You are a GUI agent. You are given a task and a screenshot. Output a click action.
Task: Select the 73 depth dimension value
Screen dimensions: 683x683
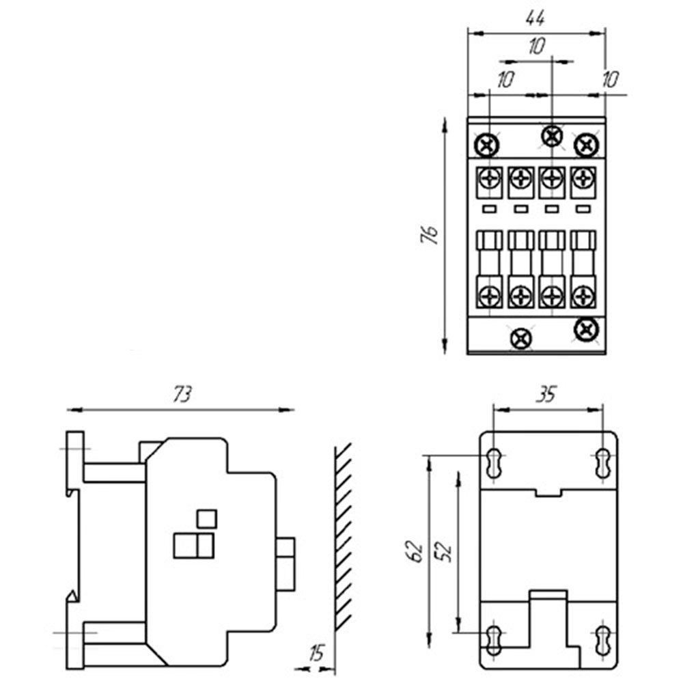(x=182, y=394)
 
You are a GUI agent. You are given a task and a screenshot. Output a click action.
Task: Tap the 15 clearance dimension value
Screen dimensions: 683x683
(x=316, y=652)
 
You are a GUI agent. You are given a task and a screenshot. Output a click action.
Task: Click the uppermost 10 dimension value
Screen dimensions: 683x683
(x=536, y=46)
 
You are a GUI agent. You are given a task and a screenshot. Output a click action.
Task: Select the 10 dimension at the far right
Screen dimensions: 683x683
(x=609, y=79)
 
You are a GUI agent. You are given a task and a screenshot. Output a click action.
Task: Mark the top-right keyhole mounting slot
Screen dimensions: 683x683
(x=602, y=464)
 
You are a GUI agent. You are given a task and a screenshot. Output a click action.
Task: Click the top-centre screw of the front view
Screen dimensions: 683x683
(x=551, y=135)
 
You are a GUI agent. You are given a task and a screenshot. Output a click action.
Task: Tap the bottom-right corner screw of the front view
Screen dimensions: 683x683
(x=585, y=329)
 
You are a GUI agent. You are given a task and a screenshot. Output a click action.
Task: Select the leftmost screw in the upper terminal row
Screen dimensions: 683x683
(x=490, y=179)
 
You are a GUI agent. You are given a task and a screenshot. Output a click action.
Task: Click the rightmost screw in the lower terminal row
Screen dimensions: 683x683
(x=582, y=296)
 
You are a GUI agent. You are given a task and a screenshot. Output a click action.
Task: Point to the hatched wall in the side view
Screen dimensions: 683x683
(x=344, y=536)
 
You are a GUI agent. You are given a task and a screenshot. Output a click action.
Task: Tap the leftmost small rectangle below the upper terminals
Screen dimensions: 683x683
(x=490, y=208)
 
